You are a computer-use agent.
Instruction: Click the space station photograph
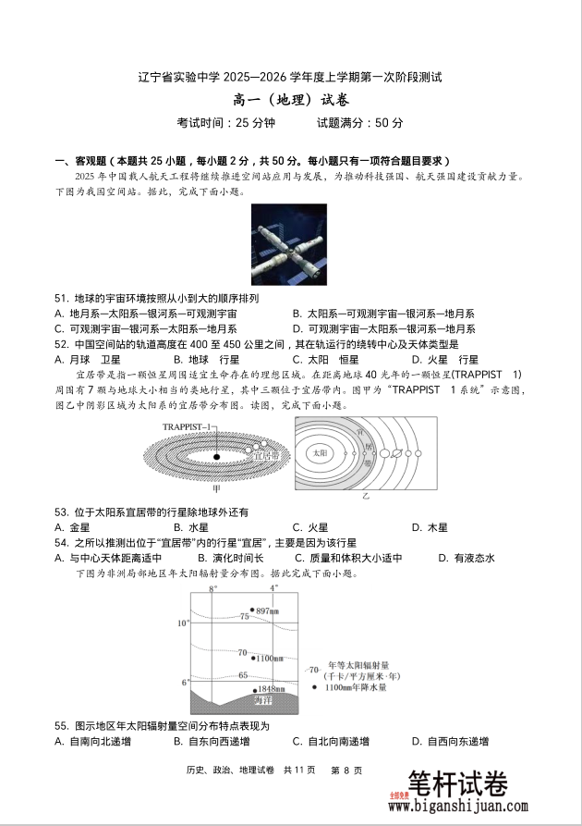[x=289, y=244]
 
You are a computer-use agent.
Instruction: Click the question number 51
[x=62, y=299]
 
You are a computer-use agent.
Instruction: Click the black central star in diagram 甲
[x=216, y=456]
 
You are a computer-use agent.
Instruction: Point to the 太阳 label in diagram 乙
[x=320, y=453]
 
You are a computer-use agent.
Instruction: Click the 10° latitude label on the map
[x=183, y=623]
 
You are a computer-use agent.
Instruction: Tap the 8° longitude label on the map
[x=212, y=588]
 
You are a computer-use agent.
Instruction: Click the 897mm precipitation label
[x=267, y=611]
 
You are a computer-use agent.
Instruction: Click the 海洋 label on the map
[x=264, y=700]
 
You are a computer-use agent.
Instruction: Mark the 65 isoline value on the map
[x=243, y=676]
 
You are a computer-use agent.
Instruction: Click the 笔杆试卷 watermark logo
[x=456, y=784]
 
